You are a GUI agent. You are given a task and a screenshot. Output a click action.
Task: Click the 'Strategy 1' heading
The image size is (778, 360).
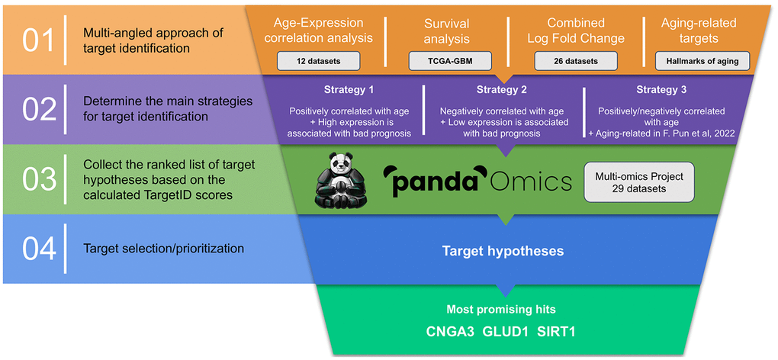tap(349, 90)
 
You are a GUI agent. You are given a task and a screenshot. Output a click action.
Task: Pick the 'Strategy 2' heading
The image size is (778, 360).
tap(502, 90)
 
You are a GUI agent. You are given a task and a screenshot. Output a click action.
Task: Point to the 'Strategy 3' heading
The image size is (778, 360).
tap(661, 90)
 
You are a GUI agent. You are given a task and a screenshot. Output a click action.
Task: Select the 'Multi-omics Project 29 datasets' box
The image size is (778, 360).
tap(640, 182)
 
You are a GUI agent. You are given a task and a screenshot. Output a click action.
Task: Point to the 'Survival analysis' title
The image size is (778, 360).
tap(446, 31)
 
